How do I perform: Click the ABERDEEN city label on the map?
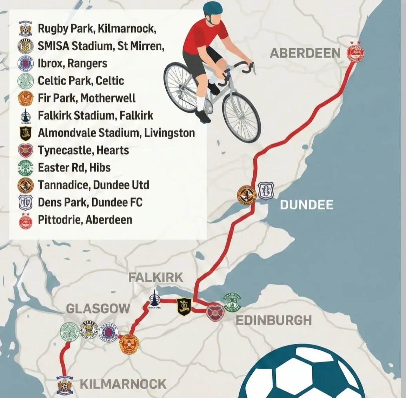click(305, 53)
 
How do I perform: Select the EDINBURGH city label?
click(273, 320)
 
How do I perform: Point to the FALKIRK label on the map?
click(155, 277)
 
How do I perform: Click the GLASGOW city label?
click(98, 309)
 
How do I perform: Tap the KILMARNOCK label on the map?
click(123, 384)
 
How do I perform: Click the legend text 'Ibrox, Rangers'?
click(72, 63)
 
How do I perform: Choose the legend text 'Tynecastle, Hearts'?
click(83, 150)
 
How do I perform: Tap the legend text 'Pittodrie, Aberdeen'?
click(85, 220)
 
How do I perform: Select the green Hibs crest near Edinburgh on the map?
click(233, 302)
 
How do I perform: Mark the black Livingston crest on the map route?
click(184, 306)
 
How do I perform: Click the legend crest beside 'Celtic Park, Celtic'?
click(26, 81)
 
